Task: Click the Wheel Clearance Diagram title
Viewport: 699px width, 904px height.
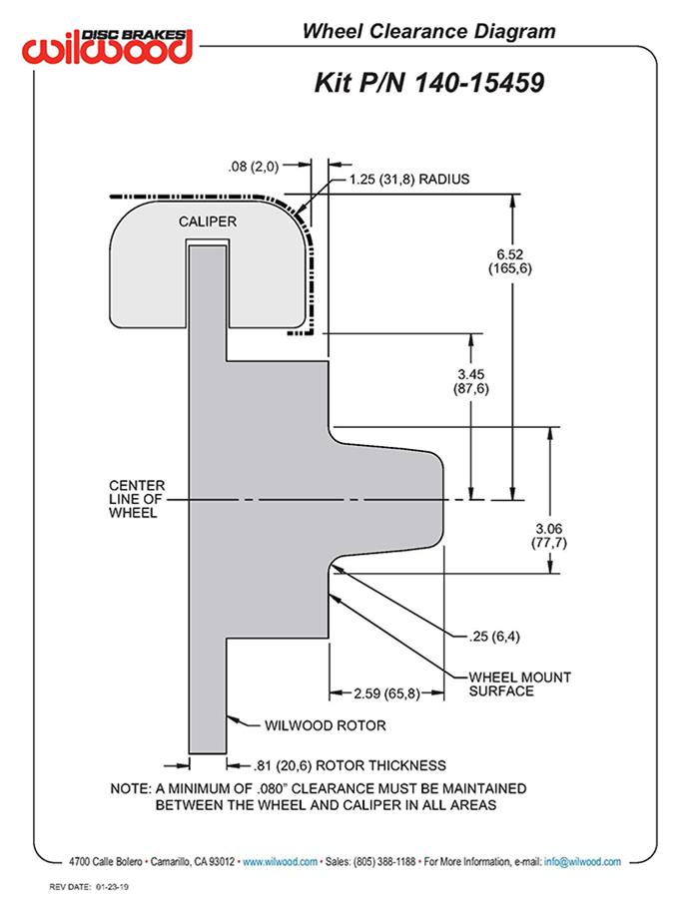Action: [x=428, y=32]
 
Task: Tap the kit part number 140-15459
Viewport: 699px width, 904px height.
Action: [x=429, y=83]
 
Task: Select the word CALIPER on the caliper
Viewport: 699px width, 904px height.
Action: [x=208, y=221]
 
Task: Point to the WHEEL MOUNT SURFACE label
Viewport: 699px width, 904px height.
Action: [x=519, y=683]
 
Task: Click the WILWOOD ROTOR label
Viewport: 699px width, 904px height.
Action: [x=325, y=725]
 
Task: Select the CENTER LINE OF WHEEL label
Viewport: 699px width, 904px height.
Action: [x=137, y=499]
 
